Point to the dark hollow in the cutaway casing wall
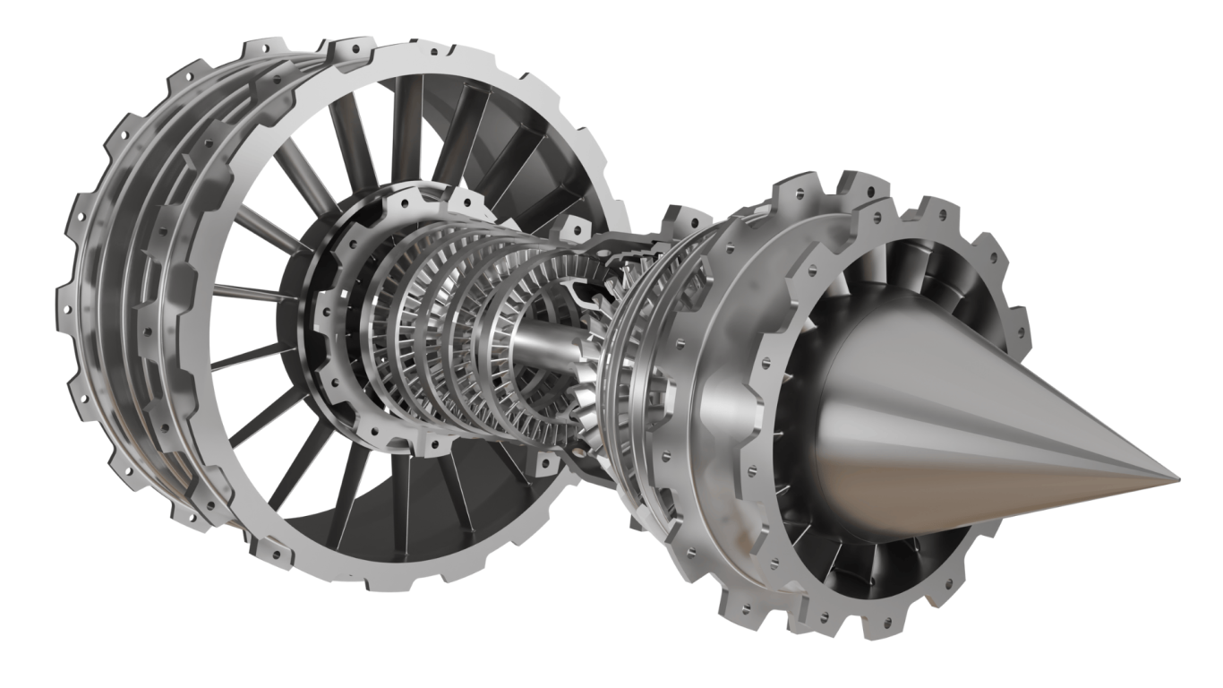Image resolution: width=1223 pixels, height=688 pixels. coord(586,291)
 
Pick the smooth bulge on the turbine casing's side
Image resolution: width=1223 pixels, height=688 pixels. coord(716,394)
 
